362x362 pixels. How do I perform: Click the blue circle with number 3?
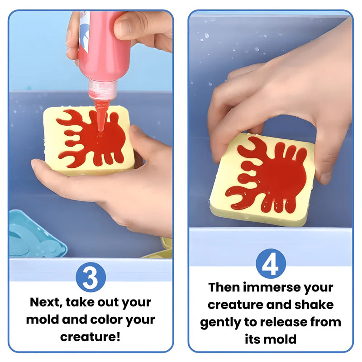point(91,277)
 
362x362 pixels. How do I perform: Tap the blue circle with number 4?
point(271,264)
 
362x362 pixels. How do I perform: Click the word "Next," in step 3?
point(46,302)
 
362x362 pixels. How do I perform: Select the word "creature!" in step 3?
point(90,337)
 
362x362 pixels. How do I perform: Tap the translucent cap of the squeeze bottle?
point(102,90)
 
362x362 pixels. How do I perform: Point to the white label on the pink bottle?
point(84,32)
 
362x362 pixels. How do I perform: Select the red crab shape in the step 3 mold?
point(92,138)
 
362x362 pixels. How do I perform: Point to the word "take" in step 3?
point(80,302)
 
